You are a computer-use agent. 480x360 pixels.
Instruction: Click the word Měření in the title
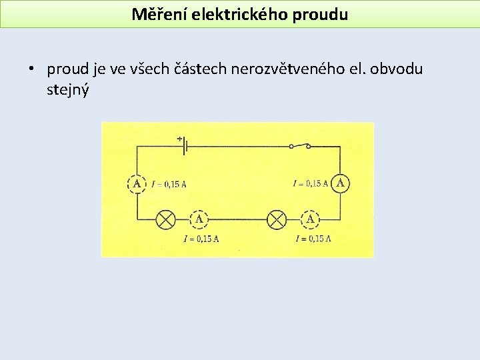coord(157,14)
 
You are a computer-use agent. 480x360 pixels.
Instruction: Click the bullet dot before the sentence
coord(31,69)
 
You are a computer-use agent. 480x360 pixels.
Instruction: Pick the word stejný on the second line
coord(67,89)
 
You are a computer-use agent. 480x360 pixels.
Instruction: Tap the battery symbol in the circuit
coord(183,146)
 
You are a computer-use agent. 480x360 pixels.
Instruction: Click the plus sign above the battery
coord(179,139)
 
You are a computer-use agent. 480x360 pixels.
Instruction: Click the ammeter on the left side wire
coord(137,183)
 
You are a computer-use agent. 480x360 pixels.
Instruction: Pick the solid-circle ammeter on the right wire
coord(340,182)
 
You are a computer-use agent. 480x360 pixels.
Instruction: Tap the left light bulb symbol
coord(165,219)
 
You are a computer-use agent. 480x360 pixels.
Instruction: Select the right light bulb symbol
coord(276,219)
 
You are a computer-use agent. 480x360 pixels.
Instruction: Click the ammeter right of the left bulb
coord(199,219)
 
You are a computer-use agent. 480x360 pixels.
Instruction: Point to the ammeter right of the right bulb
coord(310,219)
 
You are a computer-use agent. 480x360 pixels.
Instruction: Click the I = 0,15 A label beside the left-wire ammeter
coord(169,184)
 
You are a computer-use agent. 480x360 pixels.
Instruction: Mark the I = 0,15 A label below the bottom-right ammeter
coord(313,238)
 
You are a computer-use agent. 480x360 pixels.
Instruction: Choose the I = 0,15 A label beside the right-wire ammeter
coord(311,183)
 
